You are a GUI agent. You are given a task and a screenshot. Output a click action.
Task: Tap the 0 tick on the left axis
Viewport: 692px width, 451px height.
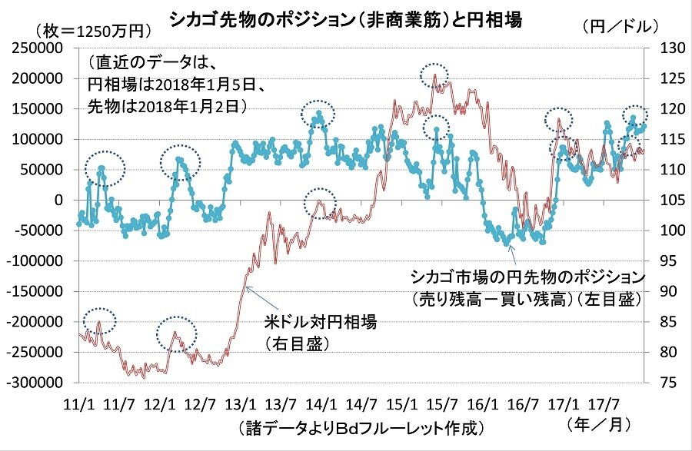tap(58, 200)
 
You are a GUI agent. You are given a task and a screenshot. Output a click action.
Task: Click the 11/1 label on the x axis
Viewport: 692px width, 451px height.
tap(79, 404)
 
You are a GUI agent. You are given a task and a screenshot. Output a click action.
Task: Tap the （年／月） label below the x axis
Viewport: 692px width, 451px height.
tap(598, 425)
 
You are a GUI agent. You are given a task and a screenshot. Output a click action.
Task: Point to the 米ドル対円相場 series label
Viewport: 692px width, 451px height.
tap(321, 322)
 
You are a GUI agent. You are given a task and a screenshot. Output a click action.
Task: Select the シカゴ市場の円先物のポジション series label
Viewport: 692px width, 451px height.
tap(527, 277)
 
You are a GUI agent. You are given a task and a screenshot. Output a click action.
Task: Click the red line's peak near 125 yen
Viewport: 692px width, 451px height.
tap(434, 75)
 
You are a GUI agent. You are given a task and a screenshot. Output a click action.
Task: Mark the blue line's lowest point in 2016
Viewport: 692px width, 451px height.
tap(506, 244)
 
